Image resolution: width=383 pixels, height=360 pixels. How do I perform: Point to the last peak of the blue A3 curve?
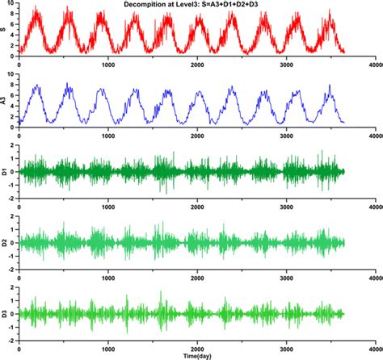click(327, 86)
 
